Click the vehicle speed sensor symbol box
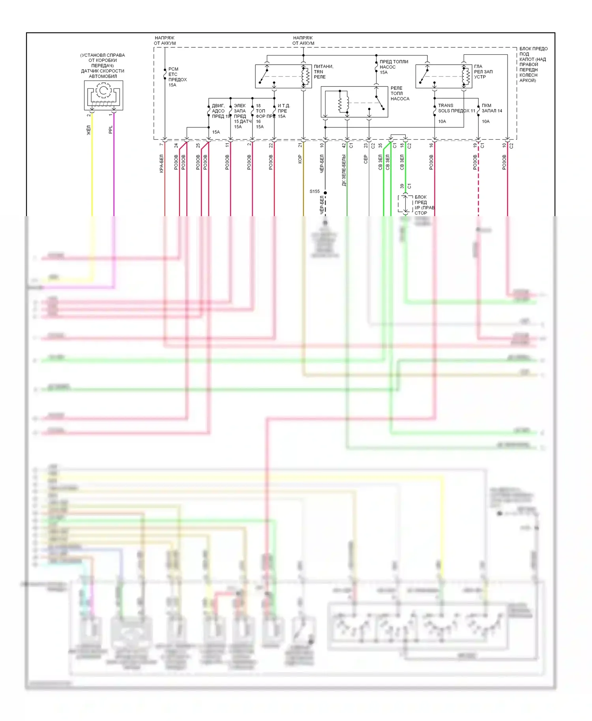(103, 95)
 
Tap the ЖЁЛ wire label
(89, 130)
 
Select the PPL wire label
(111, 130)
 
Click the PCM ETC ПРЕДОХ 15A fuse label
(177, 77)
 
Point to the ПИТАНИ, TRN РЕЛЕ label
(323, 72)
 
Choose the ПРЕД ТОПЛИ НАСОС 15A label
(393, 67)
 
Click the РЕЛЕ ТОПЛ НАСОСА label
(399, 93)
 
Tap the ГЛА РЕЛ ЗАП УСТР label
(483, 72)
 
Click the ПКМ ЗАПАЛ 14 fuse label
(491, 108)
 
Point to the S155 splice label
(315, 191)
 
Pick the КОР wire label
(300, 159)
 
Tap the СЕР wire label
(365, 159)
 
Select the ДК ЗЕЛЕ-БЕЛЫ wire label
(344, 170)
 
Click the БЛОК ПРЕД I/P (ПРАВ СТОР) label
(424, 205)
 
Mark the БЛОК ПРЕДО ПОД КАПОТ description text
(533, 64)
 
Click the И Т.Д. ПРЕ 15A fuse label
(283, 111)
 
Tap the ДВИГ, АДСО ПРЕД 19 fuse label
(220, 111)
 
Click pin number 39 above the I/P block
(402, 186)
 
